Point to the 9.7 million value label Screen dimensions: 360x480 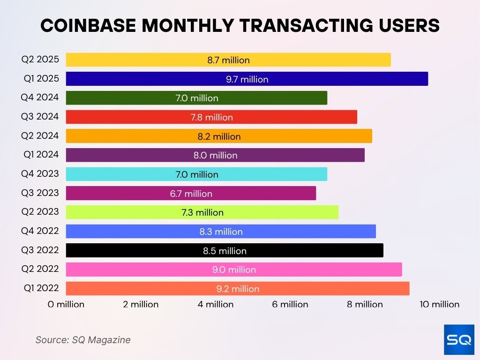point(247,79)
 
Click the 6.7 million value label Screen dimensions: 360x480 point(191,194)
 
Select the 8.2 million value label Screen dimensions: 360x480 point(219,136)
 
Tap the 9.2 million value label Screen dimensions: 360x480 point(238,289)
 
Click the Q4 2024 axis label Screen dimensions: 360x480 point(40,97)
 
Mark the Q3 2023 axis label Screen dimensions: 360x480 point(40,193)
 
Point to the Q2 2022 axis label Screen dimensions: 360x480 point(40,269)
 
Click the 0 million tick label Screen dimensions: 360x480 point(66,304)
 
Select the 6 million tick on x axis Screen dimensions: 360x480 point(290,304)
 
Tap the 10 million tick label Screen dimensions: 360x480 point(439,304)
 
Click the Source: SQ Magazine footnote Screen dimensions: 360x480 point(83,340)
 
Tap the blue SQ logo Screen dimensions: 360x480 point(459,339)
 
